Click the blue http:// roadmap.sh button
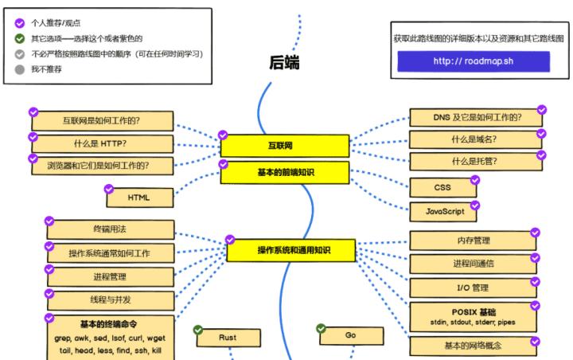[473, 61]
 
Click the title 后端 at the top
[284, 62]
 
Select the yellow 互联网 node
[284, 146]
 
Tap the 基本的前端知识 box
[284, 172]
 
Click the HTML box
[139, 197]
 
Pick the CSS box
[443, 187]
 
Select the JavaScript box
[443, 211]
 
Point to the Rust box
[228, 338]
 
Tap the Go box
[351, 335]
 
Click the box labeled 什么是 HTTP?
[101, 143]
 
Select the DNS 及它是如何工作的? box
[477, 117]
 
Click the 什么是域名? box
[474, 139]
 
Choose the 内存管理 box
[473, 241]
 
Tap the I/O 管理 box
[473, 288]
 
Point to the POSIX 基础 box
[473, 316]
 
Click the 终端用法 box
[110, 229]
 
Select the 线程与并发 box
[110, 299]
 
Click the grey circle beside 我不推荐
[20, 69]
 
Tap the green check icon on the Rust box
[198, 330]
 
